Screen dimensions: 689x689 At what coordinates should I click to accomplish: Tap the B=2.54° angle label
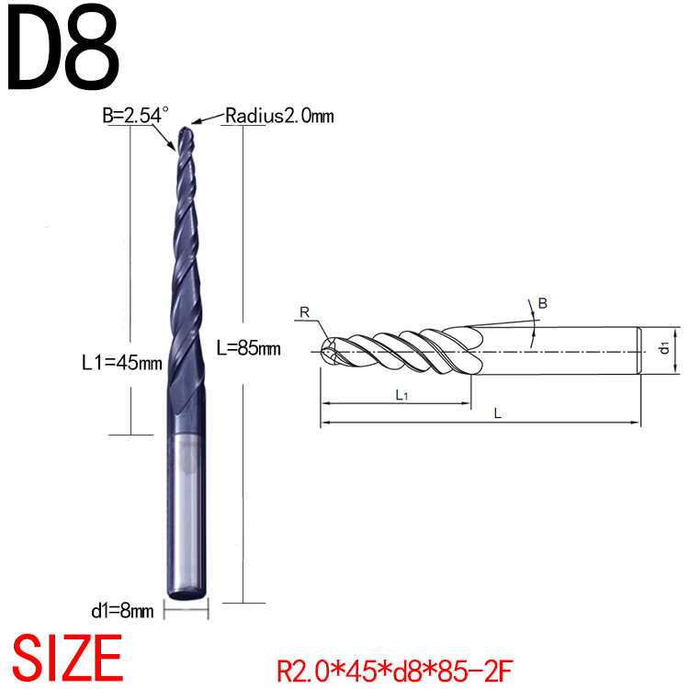137,116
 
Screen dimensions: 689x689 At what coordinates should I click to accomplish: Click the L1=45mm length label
116,362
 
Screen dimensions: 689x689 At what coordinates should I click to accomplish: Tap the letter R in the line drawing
304,313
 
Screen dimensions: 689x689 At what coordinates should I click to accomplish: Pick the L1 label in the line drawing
401,394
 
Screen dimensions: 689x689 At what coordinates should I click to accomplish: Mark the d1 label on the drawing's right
664,348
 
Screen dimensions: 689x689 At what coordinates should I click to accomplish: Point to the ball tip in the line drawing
328,350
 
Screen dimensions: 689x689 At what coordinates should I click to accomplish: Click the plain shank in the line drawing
560,350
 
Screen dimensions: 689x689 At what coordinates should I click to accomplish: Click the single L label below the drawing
497,414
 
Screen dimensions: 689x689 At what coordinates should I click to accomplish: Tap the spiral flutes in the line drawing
404,350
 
